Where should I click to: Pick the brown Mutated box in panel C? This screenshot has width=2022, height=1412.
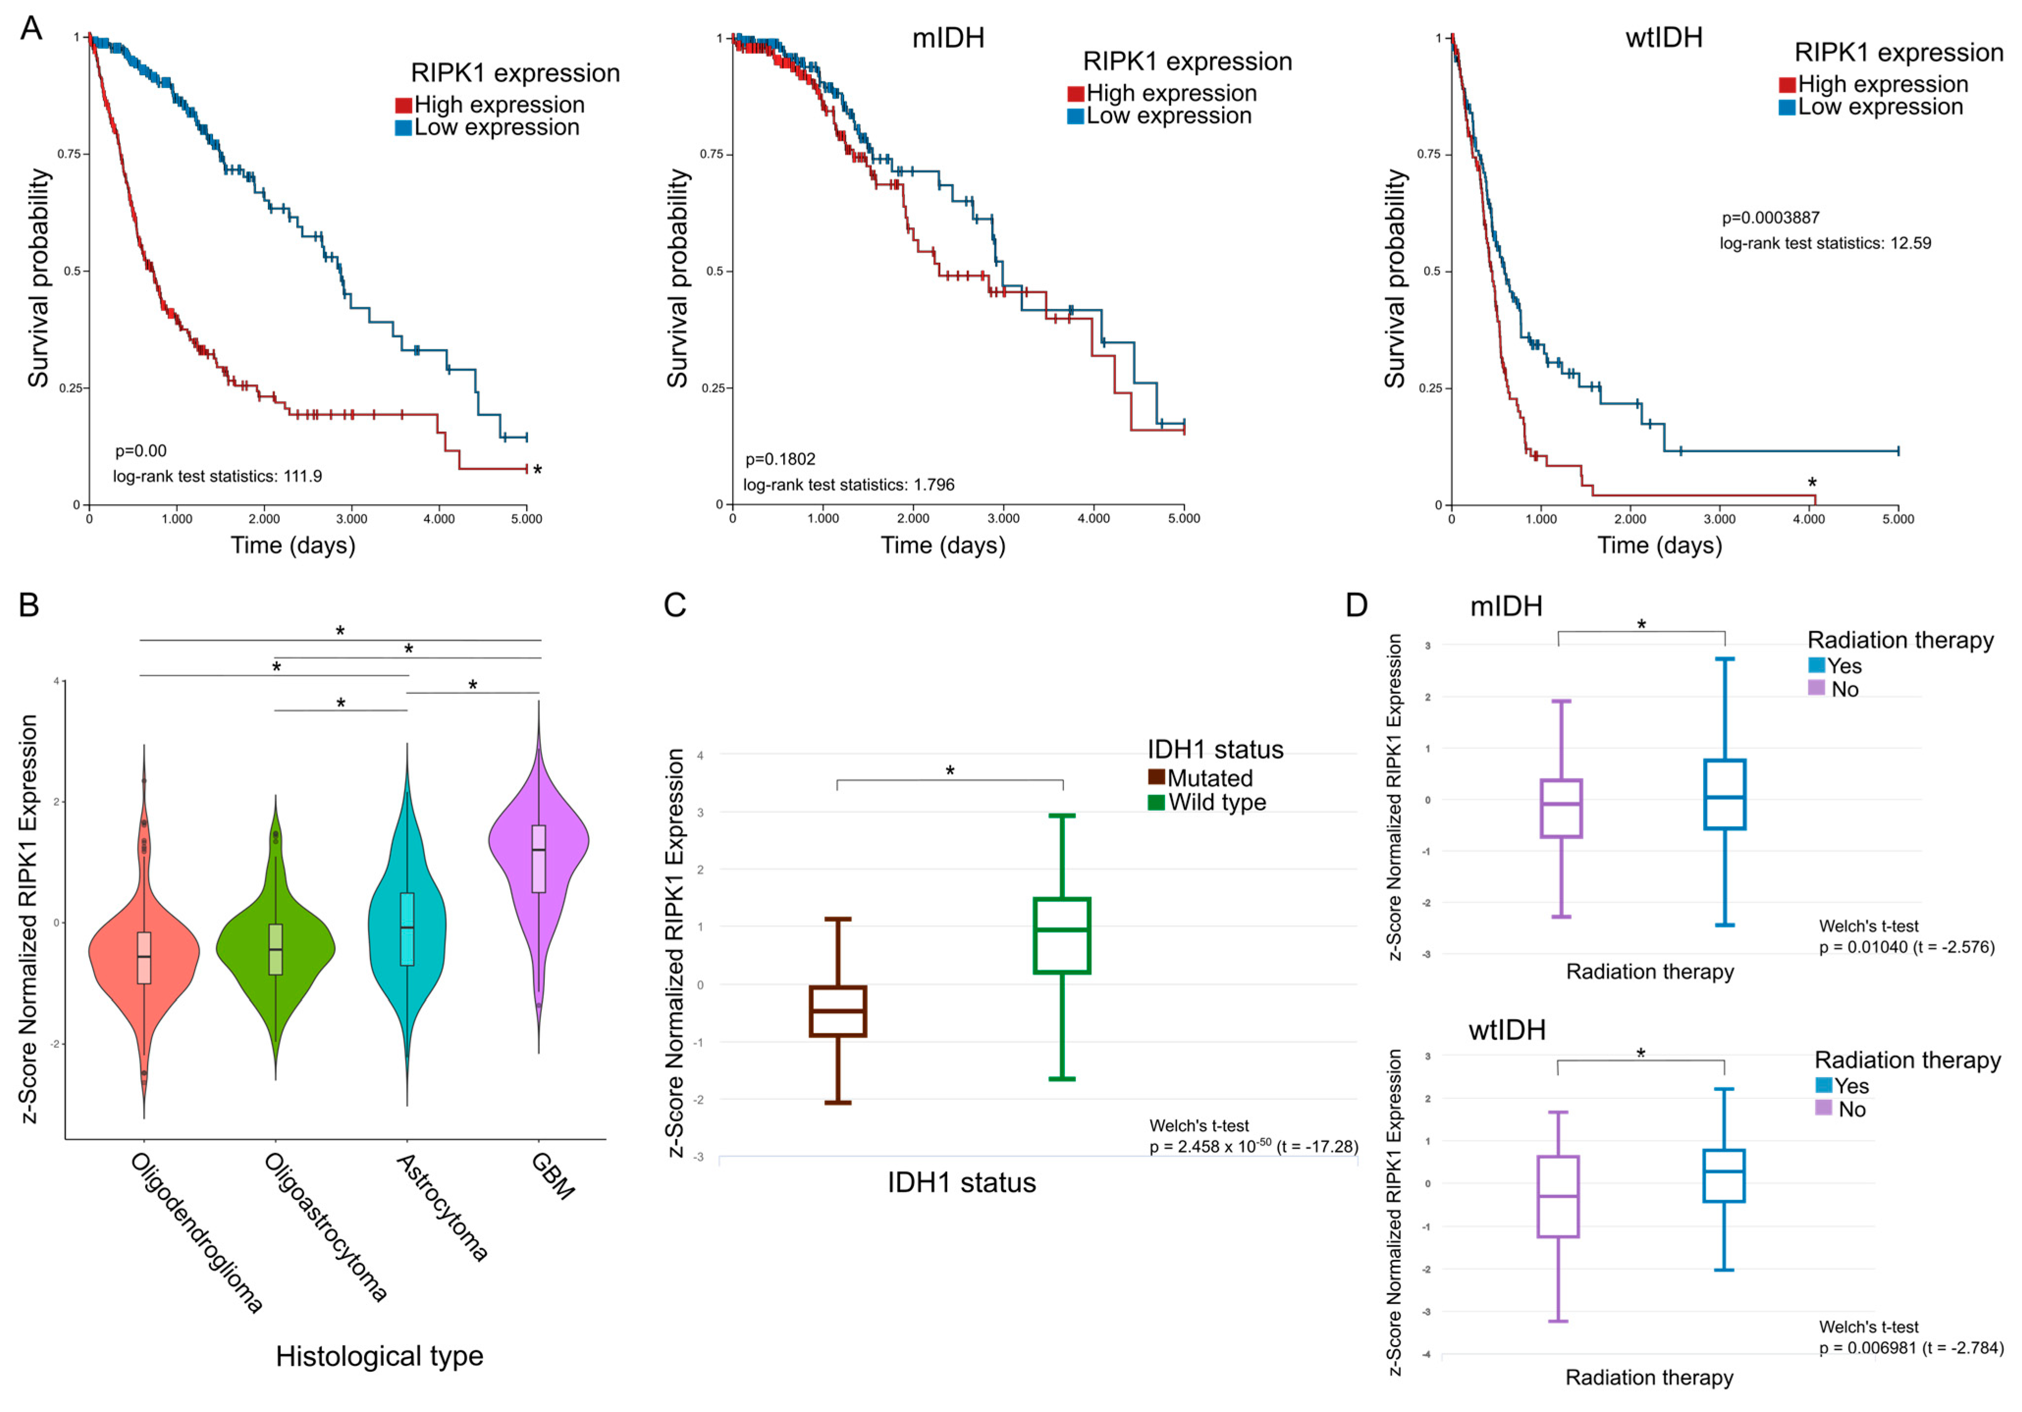click(837, 1011)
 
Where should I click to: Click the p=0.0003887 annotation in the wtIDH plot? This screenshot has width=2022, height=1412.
click(1770, 217)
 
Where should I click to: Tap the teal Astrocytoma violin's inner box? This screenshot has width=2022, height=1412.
click(407, 929)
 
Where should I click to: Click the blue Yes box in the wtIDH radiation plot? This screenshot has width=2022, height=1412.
click(1724, 1175)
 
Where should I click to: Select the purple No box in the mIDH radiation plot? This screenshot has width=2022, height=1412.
click(1562, 808)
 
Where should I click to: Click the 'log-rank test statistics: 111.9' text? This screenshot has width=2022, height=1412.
click(217, 477)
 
